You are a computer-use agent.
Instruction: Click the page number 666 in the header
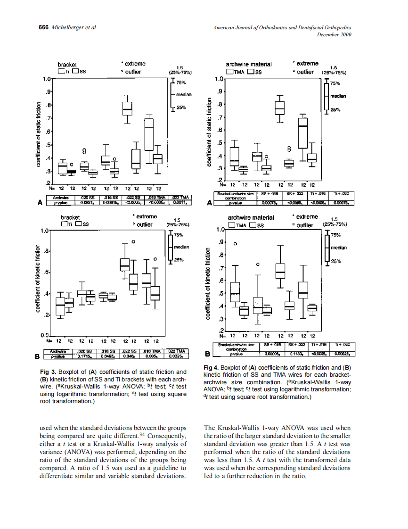43,27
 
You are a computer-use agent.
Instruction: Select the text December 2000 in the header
334,34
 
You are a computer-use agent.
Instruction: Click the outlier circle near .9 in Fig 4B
236,244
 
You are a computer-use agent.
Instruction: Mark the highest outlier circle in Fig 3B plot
133,242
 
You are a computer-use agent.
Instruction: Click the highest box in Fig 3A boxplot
127,108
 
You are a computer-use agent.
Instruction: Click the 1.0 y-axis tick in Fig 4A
219,79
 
